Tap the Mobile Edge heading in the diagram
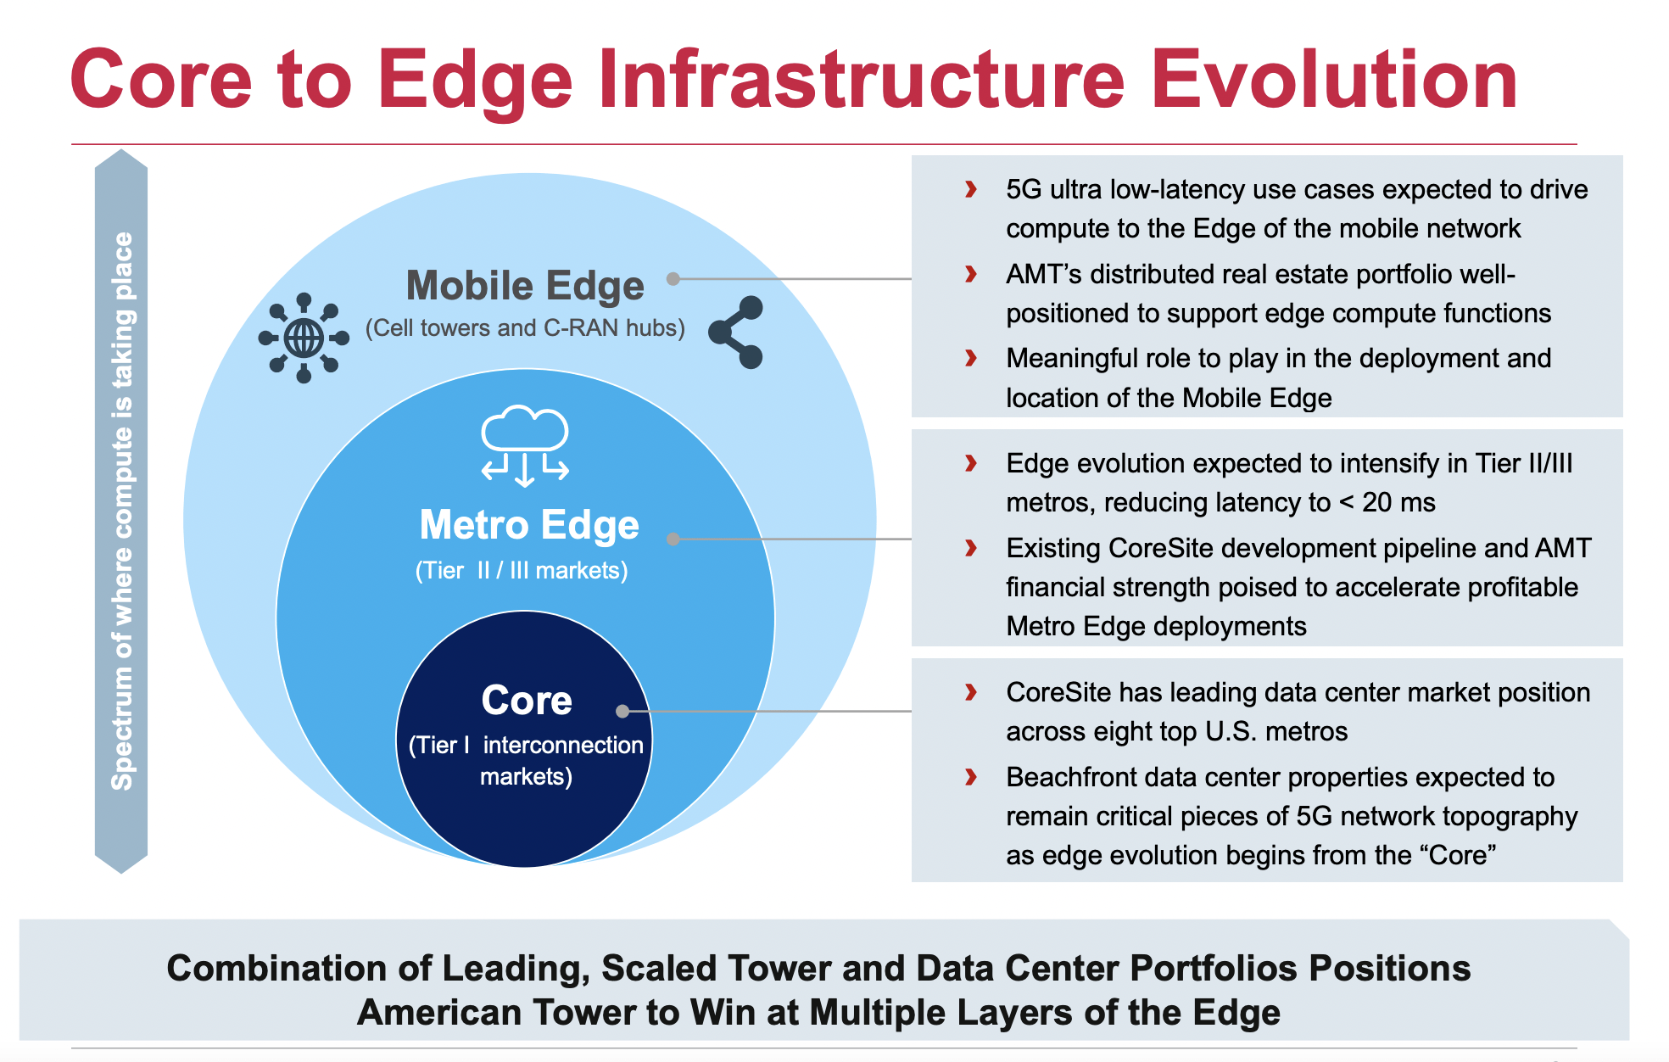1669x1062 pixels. click(525, 286)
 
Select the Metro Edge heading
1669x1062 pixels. click(529, 525)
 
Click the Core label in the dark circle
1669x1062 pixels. click(527, 701)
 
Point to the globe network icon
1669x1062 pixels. click(304, 338)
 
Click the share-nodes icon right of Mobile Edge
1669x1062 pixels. click(737, 332)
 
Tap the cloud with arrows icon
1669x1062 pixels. click(525, 444)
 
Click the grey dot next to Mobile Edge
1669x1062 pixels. click(673, 278)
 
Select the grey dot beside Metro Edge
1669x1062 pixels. click(673, 539)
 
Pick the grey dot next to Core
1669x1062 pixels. click(622, 711)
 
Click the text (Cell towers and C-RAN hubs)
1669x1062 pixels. click(525, 328)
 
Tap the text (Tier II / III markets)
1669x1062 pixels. click(522, 570)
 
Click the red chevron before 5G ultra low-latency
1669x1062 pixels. click(971, 189)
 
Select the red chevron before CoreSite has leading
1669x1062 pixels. click(971, 692)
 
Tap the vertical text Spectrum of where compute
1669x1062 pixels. click(122, 509)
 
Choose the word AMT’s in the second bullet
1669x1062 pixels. click(1043, 274)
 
